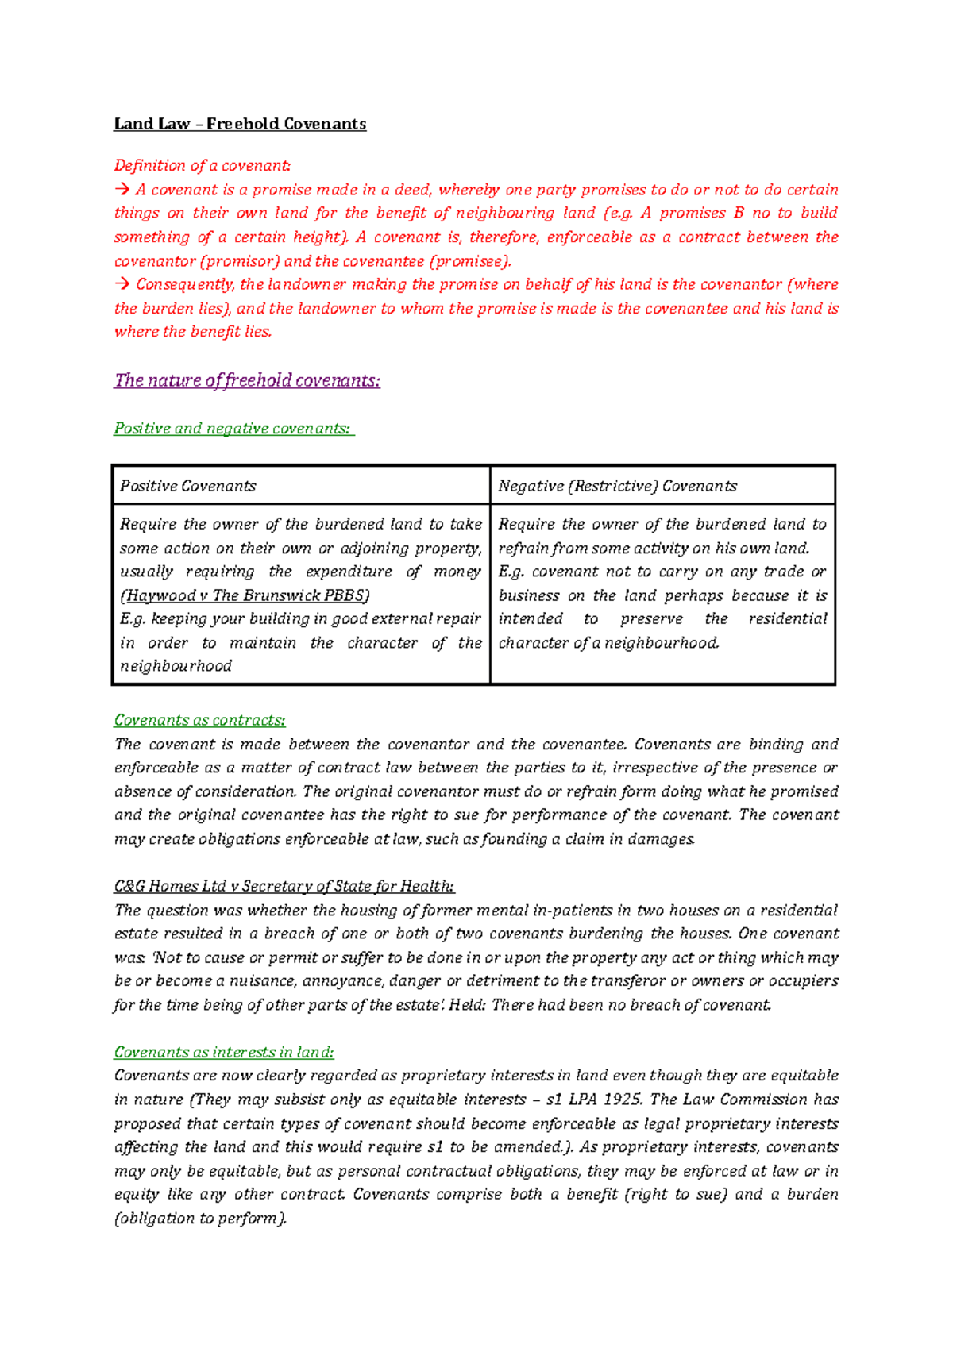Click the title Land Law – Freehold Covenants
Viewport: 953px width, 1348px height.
click(x=240, y=124)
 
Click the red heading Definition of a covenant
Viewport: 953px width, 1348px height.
click(x=202, y=166)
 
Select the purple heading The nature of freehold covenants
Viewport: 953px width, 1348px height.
click(x=247, y=380)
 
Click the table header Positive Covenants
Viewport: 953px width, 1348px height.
click(x=187, y=486)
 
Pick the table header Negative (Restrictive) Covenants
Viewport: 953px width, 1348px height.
click(x=617, y=486)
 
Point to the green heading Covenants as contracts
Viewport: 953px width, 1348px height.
click(x=199, y=720)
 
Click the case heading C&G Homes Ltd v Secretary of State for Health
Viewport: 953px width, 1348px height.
click(x=284, y=886)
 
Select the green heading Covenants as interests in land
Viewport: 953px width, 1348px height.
click(x=223, y=1052)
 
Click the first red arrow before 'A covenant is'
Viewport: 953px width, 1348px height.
click(x=122, y=190)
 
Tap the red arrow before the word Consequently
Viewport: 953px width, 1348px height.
click(x=122, y=284)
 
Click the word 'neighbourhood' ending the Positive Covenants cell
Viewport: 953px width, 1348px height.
click(x=176, y=666)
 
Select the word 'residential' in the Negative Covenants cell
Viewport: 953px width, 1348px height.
click(x=787, y=619)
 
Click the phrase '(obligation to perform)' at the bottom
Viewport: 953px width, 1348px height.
click(x=199, y=1219)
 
